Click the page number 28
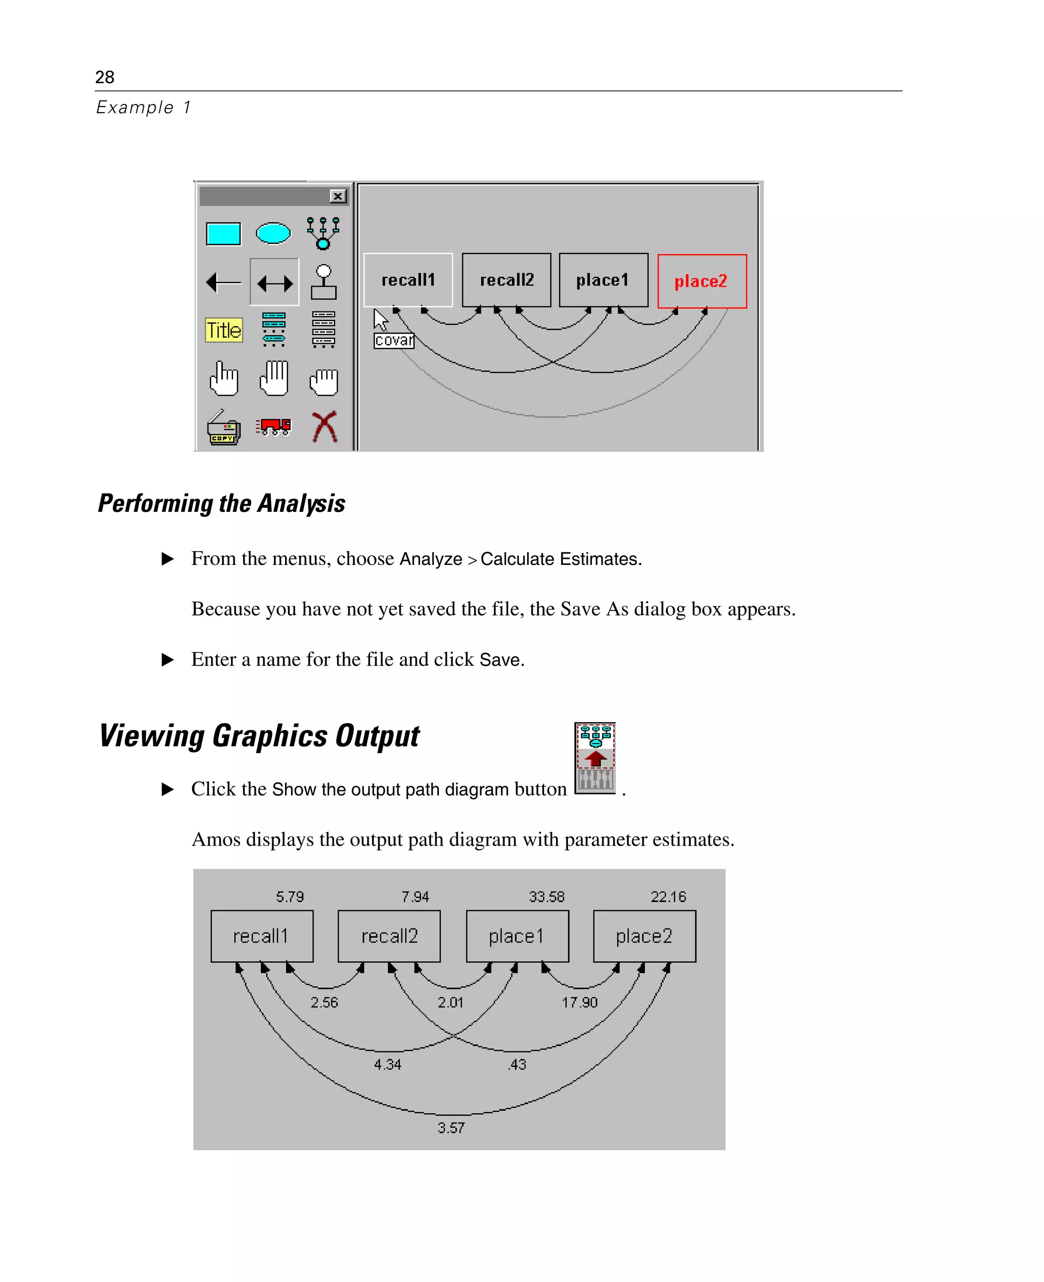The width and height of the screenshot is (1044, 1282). pos(105,77)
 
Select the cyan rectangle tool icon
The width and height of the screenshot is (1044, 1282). pos(223,234)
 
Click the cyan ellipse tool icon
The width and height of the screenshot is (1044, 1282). pos(273,233)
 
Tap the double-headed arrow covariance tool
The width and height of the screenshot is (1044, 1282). pos(275,283)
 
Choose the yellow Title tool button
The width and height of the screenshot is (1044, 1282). pos(224,329)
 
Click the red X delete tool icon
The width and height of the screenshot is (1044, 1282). pos(325,426)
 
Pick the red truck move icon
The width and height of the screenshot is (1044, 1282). pos(274,426)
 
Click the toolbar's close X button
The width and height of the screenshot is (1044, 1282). pos(338,196)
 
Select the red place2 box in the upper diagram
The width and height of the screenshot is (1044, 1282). pos(702,281)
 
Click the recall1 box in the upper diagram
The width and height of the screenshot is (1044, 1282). pos(408,280)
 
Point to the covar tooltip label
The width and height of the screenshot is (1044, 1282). pos(394,341)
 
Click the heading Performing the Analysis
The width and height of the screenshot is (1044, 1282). pos(221,503)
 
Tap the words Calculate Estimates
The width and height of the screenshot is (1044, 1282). pos(561,559)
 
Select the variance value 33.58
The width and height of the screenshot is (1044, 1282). pos(546,896)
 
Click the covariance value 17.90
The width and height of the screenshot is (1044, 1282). pos(580,1002)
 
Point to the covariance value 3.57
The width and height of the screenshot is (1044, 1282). pos(451,1128)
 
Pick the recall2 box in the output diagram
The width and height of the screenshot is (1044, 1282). pos(389,936)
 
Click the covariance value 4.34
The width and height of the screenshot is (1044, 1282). pos(387,1064)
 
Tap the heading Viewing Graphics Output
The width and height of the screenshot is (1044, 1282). pos(259,736)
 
